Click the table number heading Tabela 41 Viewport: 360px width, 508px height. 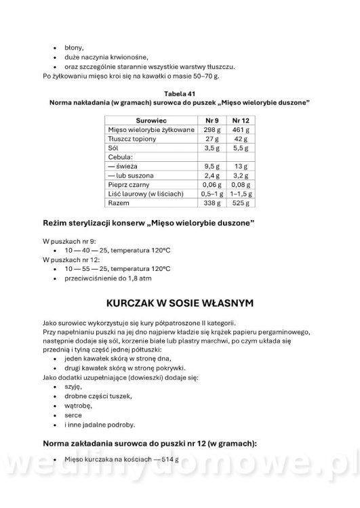[x=179, y=92]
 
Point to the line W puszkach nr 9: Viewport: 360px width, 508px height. [x=67, y=240]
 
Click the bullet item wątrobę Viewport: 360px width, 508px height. [x=79, y=405]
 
